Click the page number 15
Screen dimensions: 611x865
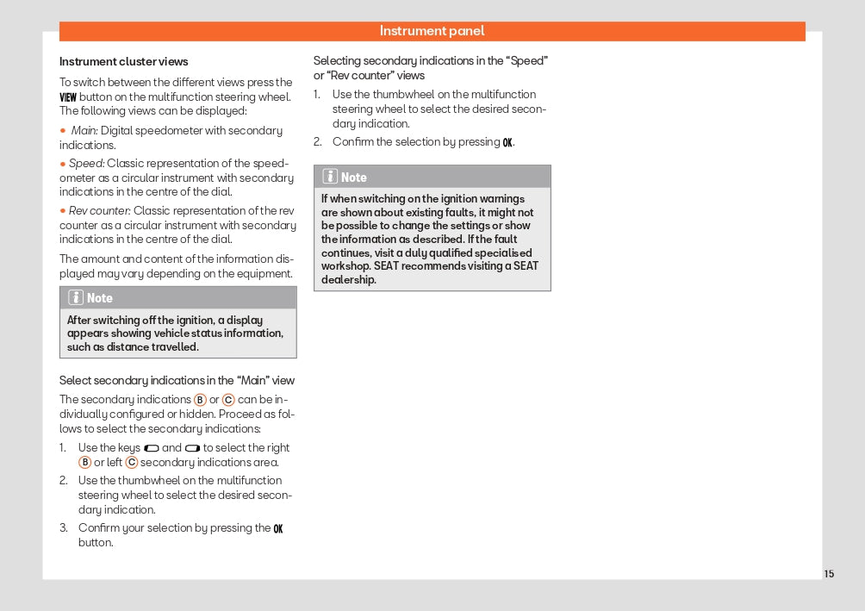(829, 574)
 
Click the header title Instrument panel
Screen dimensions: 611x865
(432, 31)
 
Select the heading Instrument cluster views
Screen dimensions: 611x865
(123, 62)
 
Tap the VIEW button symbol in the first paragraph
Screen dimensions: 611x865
(68, 97)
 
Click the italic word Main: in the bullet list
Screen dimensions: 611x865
(84, 131)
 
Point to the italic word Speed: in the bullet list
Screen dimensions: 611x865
(86, 164)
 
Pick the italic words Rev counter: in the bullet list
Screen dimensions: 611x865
(100, 211)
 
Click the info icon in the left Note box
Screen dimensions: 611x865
(76, 298)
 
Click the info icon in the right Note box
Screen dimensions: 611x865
(330, 177)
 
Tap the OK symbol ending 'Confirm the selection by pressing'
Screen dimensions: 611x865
(507, 142)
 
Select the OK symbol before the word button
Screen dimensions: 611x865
(277, 528)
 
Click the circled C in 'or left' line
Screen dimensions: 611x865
(132, 463)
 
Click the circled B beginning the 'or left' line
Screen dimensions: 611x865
(84, 463)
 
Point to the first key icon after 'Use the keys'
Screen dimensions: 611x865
(152, 448)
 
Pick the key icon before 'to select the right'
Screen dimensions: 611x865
(192, 448)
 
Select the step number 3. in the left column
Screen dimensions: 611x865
(64, 528)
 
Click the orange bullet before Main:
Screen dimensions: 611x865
(63, 131)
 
